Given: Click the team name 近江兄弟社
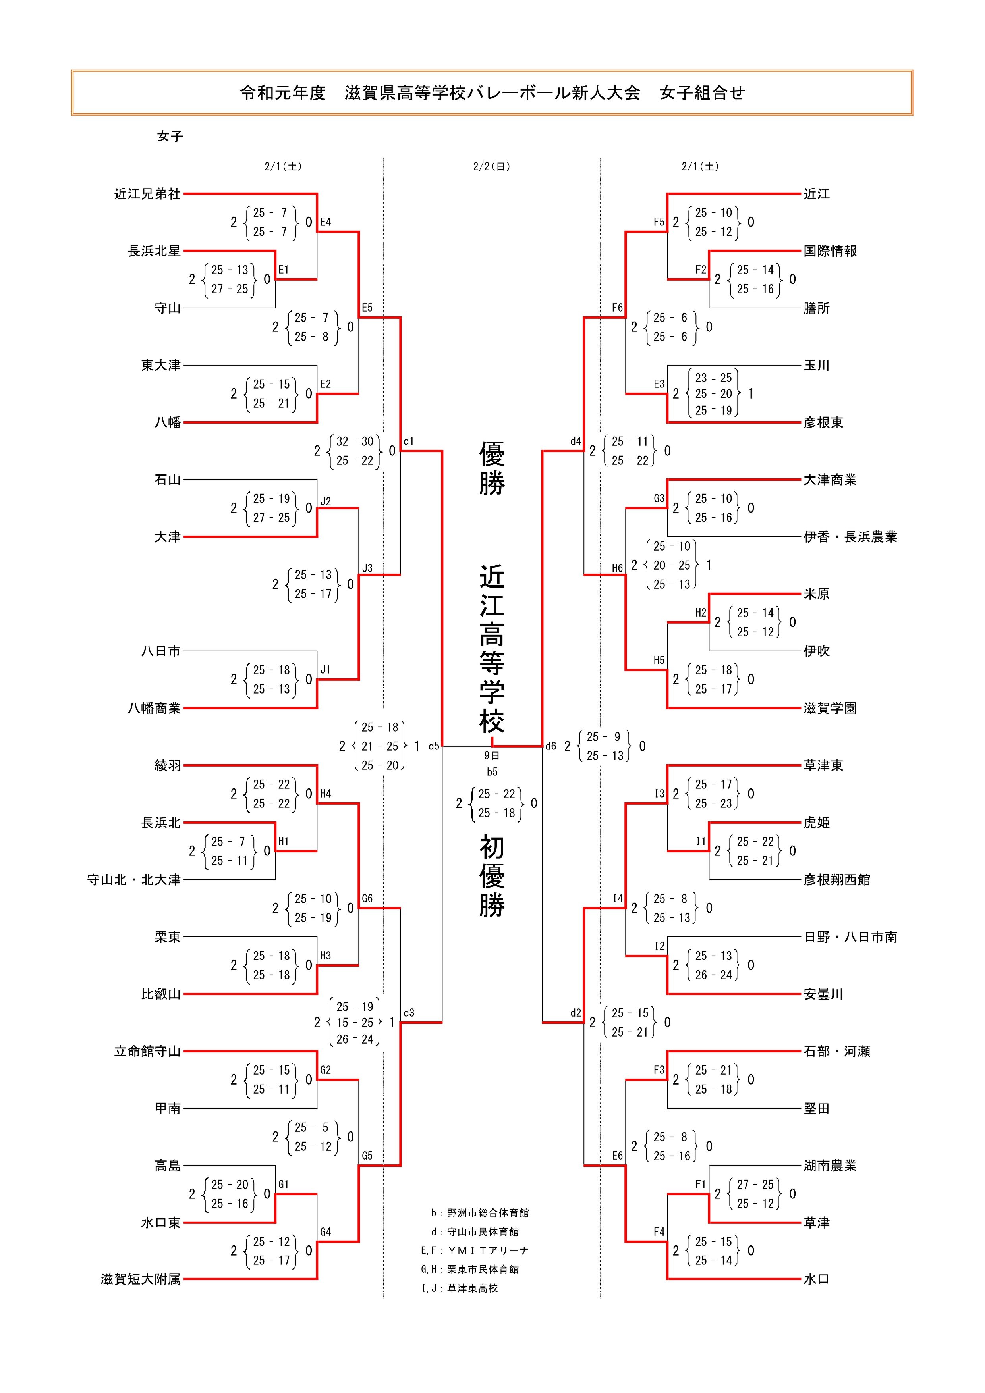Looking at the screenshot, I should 147,194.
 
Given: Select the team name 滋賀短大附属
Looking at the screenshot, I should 141,1279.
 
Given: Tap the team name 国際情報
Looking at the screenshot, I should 830,251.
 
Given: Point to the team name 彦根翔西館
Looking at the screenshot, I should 836,880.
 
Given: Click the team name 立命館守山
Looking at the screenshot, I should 147,1052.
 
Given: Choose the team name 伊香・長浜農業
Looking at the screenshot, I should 850,537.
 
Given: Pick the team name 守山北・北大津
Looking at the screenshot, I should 134,880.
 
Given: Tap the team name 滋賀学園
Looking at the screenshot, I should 830,708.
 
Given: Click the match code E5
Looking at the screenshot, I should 367,308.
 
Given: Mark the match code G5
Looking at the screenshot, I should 367,1156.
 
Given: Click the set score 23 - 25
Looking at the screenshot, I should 713,378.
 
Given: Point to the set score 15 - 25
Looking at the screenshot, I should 355,1022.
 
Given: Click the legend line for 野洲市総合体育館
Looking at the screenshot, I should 480,1213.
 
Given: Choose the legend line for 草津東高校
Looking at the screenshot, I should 460,1288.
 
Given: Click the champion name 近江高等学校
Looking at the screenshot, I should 492,649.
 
